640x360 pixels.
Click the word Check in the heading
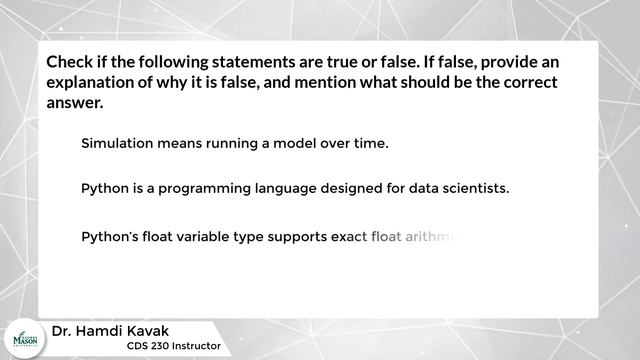tap(70, 62)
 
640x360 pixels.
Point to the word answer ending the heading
tap(73, 103)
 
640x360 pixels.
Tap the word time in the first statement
tap(367, 143)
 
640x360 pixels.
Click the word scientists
tap(473, 187)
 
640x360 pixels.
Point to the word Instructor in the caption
tap(196, 347)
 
